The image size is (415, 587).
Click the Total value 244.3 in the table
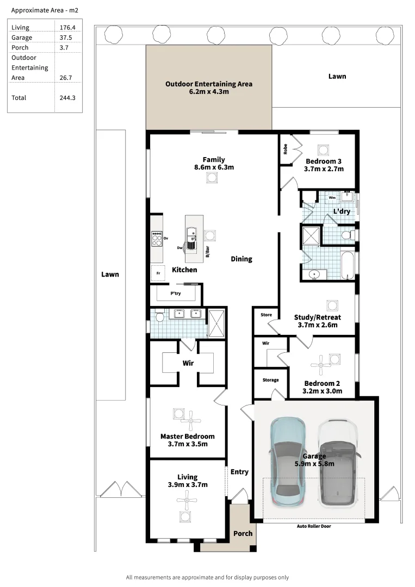pos(67,98)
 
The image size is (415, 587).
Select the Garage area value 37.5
pos(65,38)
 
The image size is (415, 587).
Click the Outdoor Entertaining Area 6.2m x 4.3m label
pos(208,88)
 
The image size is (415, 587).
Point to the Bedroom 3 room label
pos(324,165)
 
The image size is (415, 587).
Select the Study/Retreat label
pos(318,321)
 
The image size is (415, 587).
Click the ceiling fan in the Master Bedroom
pos(190,420)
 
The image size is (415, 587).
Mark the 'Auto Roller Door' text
pos(313,526)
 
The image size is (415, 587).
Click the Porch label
pos(243,533)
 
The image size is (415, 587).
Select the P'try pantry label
pos(175,293)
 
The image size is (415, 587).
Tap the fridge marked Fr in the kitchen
pos(158,273)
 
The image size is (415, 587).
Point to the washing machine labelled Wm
pos(332,198)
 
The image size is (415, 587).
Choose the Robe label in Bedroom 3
pos(284,149)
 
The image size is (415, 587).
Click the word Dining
pos(241,259)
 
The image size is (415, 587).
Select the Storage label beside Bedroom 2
pos(270,380)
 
